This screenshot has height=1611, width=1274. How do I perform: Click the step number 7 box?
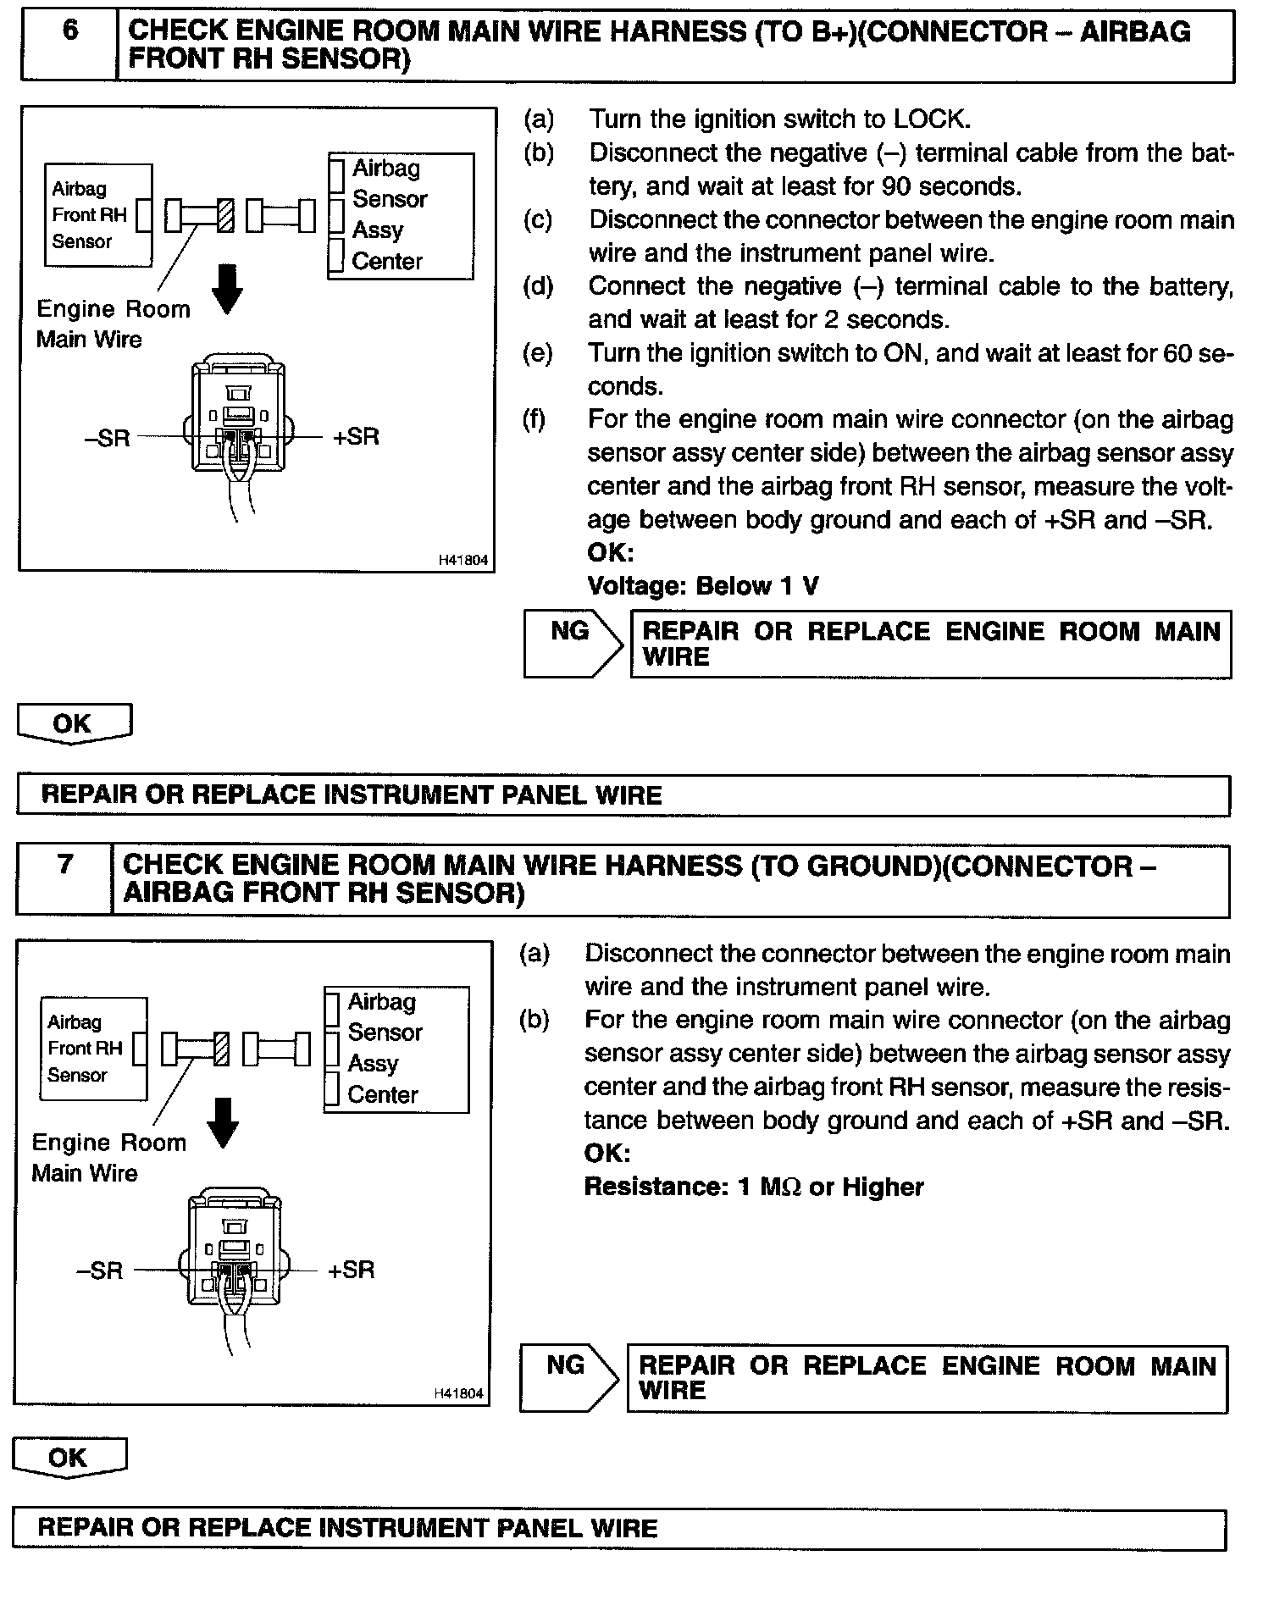click(x=64, y=878)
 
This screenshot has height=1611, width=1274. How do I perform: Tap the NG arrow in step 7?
click(x=568, y=1376)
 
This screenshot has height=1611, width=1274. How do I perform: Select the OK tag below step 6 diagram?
click(x=74, y=723)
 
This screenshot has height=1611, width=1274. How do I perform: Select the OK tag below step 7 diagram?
click(x=69, y=1457)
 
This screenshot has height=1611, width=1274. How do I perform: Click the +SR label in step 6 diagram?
click(x=356, y=437)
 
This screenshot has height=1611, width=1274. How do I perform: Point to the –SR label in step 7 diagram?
click(x=100, y=1270)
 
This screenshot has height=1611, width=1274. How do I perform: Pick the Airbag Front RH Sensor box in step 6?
click(x=98, y=215)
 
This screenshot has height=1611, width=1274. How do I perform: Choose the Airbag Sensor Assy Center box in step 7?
click(x=396, y=1048)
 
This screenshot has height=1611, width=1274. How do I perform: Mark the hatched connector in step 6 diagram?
click(x=225, y=215)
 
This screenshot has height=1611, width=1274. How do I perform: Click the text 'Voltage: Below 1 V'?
click(x=702, y=586)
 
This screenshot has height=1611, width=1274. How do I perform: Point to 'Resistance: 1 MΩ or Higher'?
click(x=753, y=1187)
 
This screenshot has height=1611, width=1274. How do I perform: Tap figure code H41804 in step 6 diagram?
click(x=463, y=560)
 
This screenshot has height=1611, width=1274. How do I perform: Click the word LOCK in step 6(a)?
click(x=929, y=119)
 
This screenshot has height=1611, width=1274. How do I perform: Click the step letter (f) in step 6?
click(x=535, y=420)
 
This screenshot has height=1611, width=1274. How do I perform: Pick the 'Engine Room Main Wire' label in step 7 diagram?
click(x=108, y=1157)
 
